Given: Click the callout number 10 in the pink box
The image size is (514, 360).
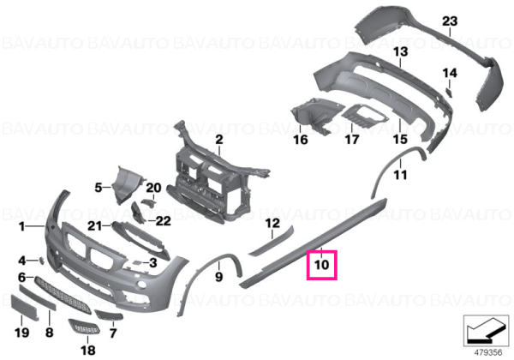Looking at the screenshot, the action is (x=321, y=265).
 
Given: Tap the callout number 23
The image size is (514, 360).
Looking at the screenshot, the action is (x=450, y=21).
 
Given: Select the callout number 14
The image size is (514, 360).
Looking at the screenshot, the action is (x=450, y=73).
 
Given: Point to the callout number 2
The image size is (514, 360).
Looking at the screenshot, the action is (x=219, y=140).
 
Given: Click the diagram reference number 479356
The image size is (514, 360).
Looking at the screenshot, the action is (x=488, y=352).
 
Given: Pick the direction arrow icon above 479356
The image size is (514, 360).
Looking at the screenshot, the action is (x=487, y=331).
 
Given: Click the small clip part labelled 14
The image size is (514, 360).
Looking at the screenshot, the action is (x=449, y=93).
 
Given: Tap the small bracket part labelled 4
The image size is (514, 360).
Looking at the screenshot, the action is (x=42, y=261).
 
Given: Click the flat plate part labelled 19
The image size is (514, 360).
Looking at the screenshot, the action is (x=25, y=307).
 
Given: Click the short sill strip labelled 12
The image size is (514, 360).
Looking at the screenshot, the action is (x=271, y=241).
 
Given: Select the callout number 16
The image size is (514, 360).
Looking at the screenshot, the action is (x=301, y=140).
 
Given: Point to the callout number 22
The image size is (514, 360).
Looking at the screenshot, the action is (x=163, y=221).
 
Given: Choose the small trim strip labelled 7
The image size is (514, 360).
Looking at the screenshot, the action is (x=109, y=315).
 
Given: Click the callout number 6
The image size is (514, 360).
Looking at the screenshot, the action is (x=21, y=278).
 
